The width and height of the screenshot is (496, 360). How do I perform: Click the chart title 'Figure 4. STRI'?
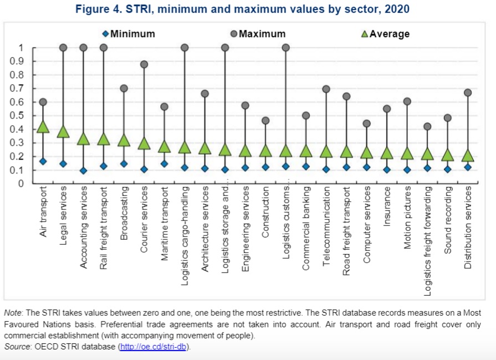pyautogui.click(x=248, y=9)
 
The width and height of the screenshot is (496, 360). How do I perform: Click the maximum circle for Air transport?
pyautogui.click(x=43, y=102)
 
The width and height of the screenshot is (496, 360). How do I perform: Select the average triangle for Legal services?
pyautogui.click(x=63, y=131)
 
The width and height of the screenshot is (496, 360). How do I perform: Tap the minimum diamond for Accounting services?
pyautogui.click(x=83, y=171)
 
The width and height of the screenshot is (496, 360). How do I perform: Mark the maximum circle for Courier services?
pyautogui.click(x=144, y=64)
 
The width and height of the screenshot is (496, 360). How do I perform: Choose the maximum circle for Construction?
pyautogui.click(x=265, y=121)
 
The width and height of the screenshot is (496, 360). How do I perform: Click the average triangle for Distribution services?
pyautogui.click(x=468, y=156)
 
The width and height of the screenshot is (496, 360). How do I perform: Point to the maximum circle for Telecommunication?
pyautogui.click(x=326, y=89)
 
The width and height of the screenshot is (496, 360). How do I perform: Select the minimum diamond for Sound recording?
pyautogui.click(x=448, y=169)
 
